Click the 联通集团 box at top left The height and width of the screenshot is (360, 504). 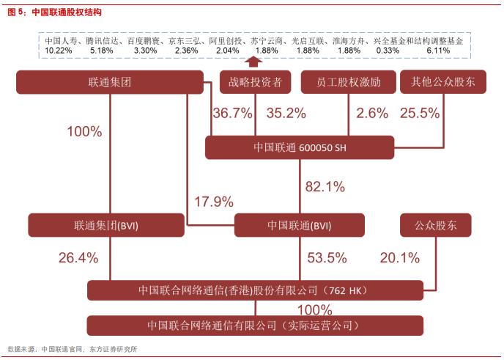pos(109,82)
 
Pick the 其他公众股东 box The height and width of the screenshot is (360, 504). pos(438,82)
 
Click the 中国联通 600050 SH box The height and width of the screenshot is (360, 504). pos(300,147)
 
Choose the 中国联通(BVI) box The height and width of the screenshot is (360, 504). pos(300,225)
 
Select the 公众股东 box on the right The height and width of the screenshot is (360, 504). pos(435,225)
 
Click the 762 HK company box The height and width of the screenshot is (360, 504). pos(256,290)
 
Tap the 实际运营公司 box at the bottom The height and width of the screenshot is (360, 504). pos(256,325)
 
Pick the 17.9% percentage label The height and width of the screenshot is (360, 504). pos(213,200)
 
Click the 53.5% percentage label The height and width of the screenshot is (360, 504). pos(326,257)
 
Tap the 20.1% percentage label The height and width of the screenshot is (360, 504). pos(399,257)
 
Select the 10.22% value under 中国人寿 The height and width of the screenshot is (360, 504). pos(58,50)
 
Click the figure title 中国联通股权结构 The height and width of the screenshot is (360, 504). pos(67,12)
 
